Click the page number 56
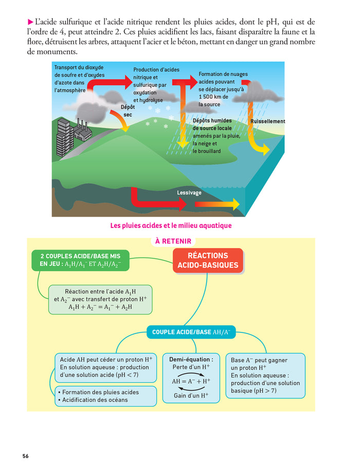[x=25, y=456]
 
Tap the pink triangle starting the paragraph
[x=30, y=22]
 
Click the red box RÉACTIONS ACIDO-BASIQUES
[x=208, y=260]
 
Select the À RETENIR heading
[x=173, y=241]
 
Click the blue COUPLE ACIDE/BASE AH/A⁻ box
[x=191, y=332]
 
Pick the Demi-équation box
[x=191, y=377]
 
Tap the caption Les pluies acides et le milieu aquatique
[x=171, y=225]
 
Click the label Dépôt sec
[x=128, y=111]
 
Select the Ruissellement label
[x=267, y=121]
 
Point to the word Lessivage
[x=189, y=193]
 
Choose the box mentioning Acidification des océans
[x=105, y=396]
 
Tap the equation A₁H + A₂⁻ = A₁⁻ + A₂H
[x=100, y=307]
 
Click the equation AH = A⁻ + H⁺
[x=191, y=381]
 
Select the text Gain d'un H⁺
[x=191, y=395]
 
